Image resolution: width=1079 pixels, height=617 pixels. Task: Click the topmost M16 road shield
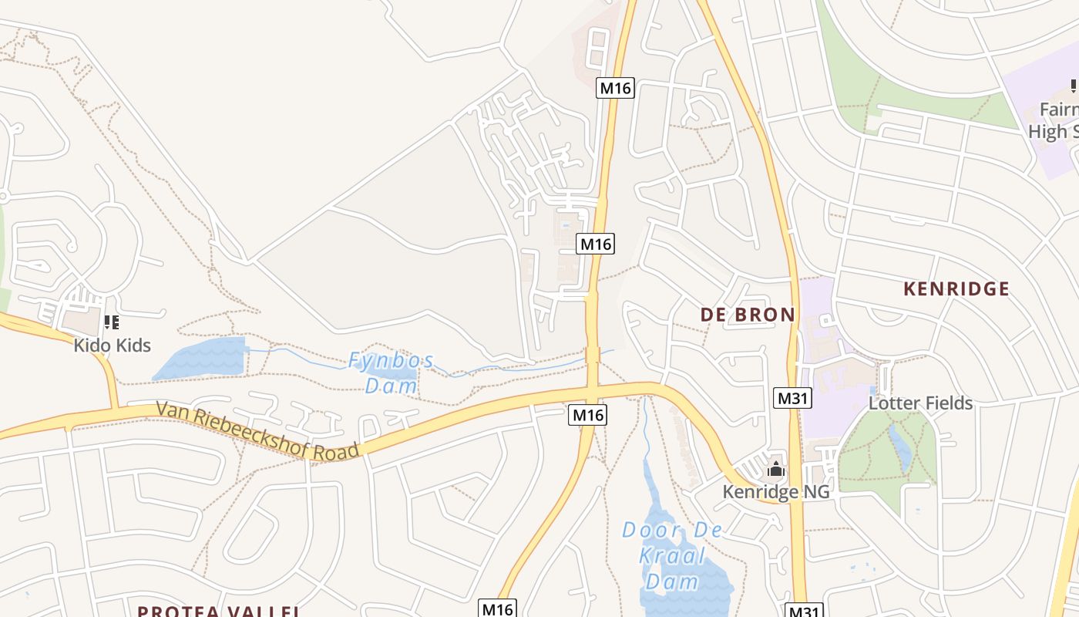615,88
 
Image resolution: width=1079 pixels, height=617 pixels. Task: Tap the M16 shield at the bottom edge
497,609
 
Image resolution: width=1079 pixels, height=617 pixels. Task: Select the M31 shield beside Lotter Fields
792,398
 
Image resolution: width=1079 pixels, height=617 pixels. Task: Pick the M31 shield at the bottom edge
804,611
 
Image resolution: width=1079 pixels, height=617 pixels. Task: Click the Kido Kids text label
112,345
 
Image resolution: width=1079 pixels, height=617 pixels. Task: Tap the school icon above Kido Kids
111,322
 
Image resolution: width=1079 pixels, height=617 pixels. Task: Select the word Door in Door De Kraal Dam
651,531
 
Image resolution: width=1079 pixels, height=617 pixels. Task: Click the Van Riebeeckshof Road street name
258,431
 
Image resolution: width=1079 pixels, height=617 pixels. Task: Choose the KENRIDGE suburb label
956,289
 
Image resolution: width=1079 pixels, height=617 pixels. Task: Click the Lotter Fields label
920,403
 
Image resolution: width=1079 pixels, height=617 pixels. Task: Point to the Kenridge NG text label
775,491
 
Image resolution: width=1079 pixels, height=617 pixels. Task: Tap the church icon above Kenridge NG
775,469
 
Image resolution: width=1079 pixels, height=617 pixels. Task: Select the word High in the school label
1047,131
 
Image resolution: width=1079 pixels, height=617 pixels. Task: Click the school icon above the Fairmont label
1072,86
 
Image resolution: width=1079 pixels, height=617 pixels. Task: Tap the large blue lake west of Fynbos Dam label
202,359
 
